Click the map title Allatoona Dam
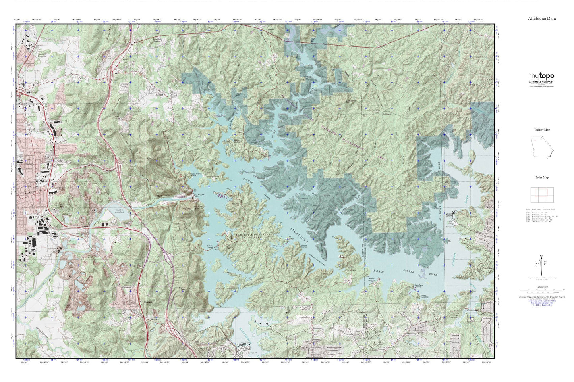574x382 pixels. point(541,19)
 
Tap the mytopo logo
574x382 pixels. point(541,76)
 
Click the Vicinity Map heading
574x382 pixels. point(541,129)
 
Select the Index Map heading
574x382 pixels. point(541,178)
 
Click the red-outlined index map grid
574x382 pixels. point(541,194)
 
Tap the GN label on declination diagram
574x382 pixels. point(541,256)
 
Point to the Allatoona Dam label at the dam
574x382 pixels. point(198,195)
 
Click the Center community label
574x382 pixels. point(160,95)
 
